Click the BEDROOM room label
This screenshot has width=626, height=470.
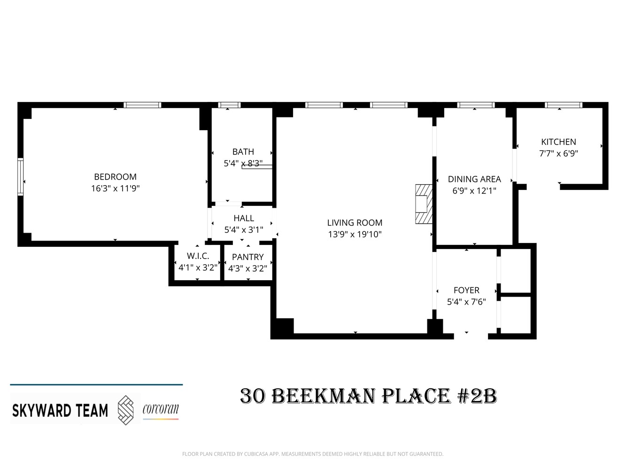115,177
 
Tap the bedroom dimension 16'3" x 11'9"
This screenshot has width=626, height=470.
115,188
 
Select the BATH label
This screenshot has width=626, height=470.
243,152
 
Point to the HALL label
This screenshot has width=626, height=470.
244,218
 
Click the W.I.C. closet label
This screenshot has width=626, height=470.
198,256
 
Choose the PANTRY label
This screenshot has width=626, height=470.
247,257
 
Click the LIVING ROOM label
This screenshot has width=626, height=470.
355,223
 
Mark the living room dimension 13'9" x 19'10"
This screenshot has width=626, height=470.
355,235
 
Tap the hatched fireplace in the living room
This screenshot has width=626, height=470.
422,204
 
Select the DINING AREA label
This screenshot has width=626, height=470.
474,179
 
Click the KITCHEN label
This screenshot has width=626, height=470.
558,142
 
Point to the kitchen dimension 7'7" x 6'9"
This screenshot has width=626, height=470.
558,153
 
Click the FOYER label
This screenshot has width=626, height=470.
466,290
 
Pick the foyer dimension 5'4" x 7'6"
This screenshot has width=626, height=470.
466,302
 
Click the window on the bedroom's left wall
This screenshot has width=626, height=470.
20,177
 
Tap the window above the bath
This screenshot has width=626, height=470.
230,105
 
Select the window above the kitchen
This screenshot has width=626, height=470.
563,105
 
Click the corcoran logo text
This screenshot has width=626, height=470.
161,409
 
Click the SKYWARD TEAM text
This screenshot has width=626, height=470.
60,410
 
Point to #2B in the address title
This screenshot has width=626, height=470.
477,396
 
